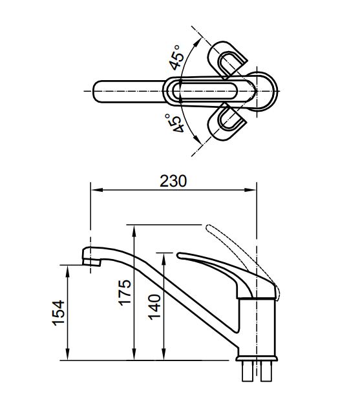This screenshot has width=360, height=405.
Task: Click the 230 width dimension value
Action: (x=173, y=181)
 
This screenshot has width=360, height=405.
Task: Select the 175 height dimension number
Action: (x=125, y=292)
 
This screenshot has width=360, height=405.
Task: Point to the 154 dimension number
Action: (x=58, y=314)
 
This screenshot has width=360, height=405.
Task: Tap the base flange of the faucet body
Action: (x=257, y=357)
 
